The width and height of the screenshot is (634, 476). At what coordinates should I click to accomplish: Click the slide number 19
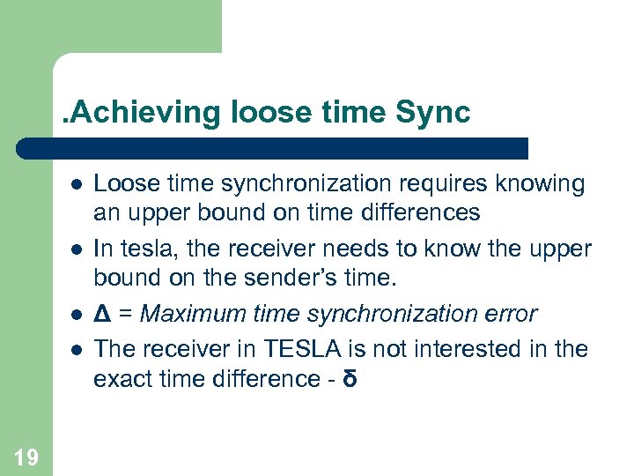(x=26, y=457)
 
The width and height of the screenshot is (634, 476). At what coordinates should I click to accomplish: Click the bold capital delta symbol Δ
(x=101, y=314)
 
